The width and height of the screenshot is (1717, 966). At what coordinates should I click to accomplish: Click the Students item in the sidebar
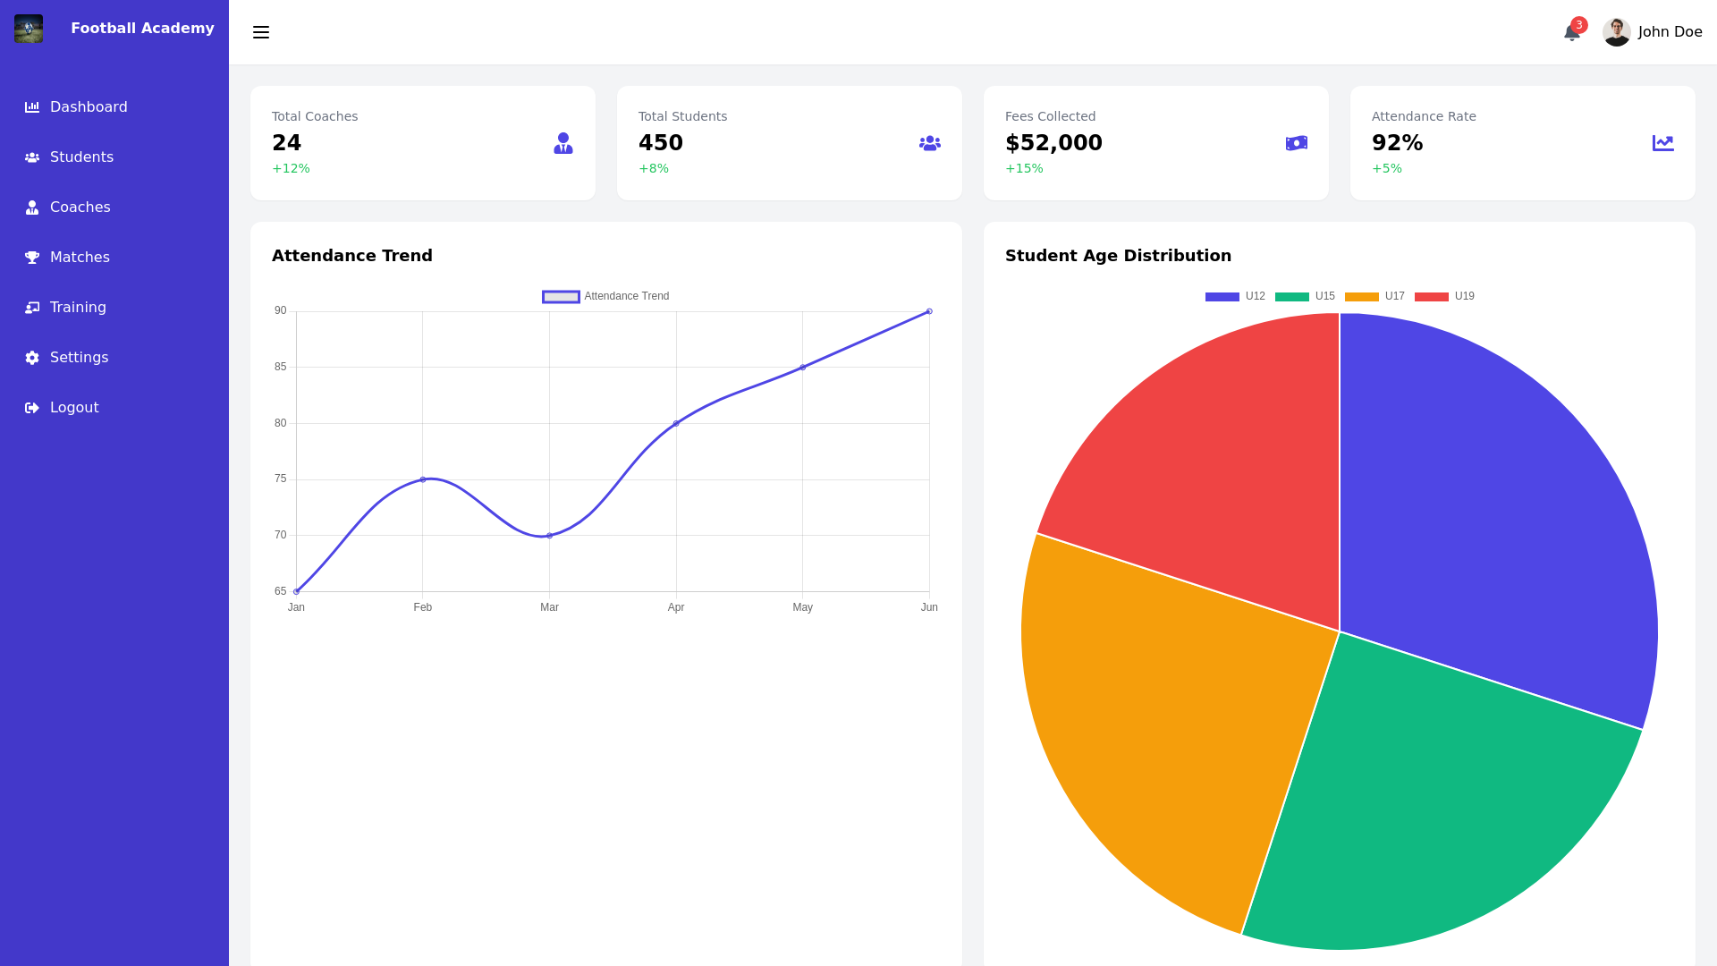(80, 157)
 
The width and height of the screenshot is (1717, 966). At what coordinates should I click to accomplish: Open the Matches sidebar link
(79, 258)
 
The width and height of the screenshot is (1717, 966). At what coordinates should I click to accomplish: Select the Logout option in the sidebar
(73, 408)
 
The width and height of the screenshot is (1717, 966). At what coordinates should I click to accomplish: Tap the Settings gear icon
(32, 358)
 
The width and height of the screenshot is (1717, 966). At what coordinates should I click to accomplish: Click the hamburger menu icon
(261, 33)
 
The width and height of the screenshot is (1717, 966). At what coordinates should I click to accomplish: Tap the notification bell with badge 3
(1572, 33)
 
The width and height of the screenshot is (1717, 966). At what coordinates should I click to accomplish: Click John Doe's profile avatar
(1616, 32)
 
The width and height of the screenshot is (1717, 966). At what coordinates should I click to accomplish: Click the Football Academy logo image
(29, 29)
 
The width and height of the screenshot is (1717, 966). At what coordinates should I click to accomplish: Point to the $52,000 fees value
(1053, 143)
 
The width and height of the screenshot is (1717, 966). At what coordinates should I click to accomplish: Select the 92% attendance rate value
(1397, 143)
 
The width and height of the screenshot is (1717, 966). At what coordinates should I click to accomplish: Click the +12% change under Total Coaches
(291, 169)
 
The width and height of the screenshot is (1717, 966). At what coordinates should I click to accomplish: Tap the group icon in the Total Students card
(929, 143)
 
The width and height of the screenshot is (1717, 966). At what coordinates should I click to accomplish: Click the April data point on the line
(676, 423)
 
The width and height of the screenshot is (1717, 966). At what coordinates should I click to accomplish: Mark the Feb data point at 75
(423, 479)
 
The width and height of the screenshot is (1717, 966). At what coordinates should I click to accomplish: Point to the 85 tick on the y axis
(281, 367)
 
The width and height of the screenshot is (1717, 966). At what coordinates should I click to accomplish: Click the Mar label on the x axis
(549, 607)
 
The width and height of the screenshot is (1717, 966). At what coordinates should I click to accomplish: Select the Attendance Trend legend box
(561, 297)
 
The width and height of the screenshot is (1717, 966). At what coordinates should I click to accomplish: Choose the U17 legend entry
(1374, 297)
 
